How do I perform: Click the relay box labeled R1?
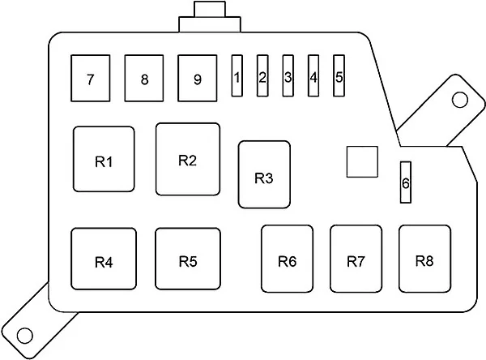(x=104, y=159)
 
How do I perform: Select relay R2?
(x=188, y=159)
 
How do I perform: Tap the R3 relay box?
(x=264, y=174)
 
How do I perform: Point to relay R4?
(x=104, y=259)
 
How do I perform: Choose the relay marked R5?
(x=188, y=259)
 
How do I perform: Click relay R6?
(x=287, y=259)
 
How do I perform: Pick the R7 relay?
(x=356, y=259)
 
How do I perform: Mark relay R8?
(x=424, y=259)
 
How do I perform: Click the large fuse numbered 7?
(x=91, y=78)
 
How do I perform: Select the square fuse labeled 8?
(x=144, y=78)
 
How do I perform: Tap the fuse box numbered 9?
(x=198, y=78)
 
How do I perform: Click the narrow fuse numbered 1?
(x=237, y=76)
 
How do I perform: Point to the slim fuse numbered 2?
(x=262, y=76)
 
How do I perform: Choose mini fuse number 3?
(x=288, y=76)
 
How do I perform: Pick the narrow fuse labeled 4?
(x=313, y=76)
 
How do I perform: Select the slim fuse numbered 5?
(x=339, y=76)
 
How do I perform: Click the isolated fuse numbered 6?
(x=406, y=182)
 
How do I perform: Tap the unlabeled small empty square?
(x=362, y=161)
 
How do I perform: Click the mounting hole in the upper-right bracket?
(x=460, y=100)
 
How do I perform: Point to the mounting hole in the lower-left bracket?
(x=25, y=336)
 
